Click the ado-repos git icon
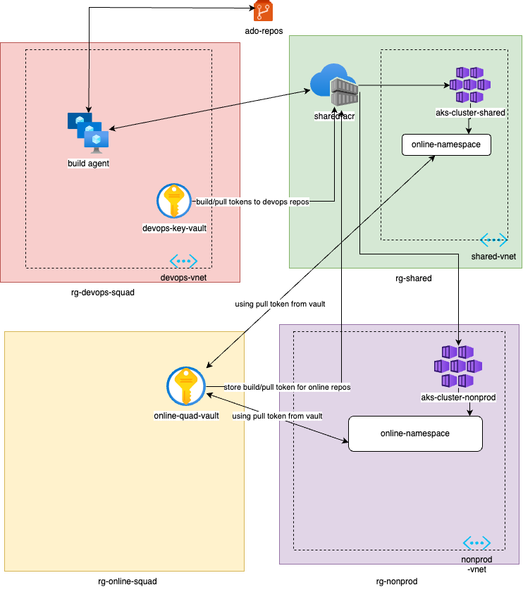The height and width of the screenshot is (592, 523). coord(263,11)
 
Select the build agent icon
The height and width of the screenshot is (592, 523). coord(88,132)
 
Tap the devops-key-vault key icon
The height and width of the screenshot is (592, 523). coord(173,201)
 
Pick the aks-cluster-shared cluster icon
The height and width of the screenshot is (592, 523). coord(471,85)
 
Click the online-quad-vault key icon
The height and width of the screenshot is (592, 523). coord(186,387)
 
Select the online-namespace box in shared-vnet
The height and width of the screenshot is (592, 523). coord(445,145)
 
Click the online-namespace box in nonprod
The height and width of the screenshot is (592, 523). coord(415,433)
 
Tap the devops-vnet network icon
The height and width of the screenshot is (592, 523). coord(183,261)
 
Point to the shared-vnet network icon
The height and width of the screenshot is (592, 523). coord(494,240)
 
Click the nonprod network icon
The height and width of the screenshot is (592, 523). coord(476,543)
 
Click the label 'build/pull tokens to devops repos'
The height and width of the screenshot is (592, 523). coord(252,201)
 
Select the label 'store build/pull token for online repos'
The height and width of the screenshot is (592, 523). coord(287,387)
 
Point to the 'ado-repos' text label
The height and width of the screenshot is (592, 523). coord(263,31)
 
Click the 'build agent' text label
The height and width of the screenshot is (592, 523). coord(88,164)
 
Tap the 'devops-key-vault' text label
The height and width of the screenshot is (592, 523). coord(173,228)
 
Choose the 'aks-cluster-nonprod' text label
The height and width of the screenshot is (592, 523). coord(458,397)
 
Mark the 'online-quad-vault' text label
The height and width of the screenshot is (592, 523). coord(186,416)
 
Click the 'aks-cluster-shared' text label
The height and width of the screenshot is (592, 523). coord(471,112)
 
